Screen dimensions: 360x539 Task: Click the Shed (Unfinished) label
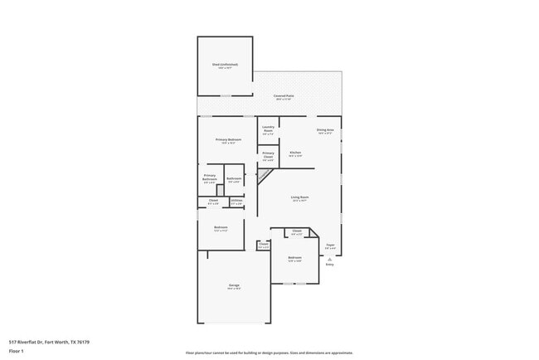(225, 65)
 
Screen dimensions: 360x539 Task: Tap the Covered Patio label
(284, 96)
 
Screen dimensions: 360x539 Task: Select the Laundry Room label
(268, 129)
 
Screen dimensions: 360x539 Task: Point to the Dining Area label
(325, 129)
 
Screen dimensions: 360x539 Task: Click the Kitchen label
(295, 153)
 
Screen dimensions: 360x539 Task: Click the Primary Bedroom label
(228, 139)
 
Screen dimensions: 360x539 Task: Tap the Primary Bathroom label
(210, 178)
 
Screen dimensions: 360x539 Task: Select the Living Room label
(299, 197)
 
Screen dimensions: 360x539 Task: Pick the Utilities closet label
(236, 201)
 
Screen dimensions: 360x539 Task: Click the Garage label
(235, 286)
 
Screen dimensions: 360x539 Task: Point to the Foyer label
(330, 245)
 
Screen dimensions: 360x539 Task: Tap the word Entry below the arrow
(330, 265)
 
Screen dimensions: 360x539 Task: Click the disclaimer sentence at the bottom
(269, 353)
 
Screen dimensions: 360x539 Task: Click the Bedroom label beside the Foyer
(294, 258)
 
